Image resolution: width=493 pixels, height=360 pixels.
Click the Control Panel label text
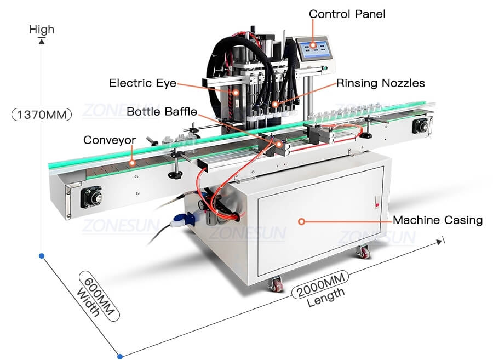click(347, 14)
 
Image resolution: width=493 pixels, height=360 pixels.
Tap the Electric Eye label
click(142, 83)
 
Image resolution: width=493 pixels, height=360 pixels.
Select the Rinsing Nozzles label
click(380, 83)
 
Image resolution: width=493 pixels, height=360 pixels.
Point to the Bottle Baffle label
click(162, 112)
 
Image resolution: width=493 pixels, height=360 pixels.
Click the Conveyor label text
click(110, 140)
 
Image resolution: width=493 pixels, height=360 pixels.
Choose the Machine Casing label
click(438, 220)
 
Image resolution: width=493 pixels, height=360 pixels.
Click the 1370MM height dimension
click(42, 115)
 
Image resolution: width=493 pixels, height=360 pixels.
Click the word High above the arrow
click(42, 30)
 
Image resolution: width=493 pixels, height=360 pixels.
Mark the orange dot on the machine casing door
click(301, 221)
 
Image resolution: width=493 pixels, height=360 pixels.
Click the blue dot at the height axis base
click(42, 255)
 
